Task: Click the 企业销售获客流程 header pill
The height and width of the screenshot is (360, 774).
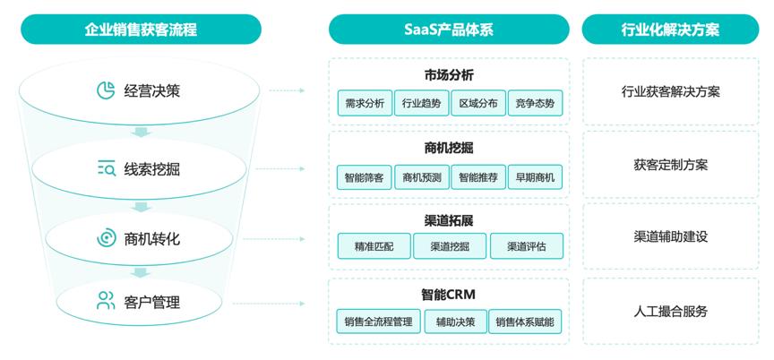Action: [141, 29]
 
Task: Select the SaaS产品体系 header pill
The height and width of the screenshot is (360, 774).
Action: [449, 29]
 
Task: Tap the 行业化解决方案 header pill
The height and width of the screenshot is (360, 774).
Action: [670, 29]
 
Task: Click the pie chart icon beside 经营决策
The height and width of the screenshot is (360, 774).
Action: [106, 90]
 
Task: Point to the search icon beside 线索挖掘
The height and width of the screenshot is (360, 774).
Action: [106, 168]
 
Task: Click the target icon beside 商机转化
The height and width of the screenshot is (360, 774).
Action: [106, 238]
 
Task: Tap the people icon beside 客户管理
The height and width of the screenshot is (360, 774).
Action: [106, 300]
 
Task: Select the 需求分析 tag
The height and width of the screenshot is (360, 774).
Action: [365, 103]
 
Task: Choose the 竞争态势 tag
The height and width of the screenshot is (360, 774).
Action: [535, 103]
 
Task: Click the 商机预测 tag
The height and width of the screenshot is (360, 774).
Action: [422, 177]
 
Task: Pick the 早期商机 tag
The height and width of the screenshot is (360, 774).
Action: [535, 177]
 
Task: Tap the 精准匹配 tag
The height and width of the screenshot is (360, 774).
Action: [374, 246]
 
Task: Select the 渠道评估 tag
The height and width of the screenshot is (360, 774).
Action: [526, 246]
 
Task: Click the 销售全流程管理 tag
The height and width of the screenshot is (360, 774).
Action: [378, 321]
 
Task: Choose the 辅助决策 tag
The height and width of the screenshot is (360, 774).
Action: [455, 321]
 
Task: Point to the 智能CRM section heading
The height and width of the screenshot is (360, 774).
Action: [448, 295]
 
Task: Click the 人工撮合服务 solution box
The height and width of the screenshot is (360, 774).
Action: [670, 311]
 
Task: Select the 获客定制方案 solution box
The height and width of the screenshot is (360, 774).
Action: [670, 164]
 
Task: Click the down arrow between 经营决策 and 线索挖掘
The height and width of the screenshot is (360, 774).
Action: [141, 133]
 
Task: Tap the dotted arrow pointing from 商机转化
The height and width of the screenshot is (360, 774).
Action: [274, 239]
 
